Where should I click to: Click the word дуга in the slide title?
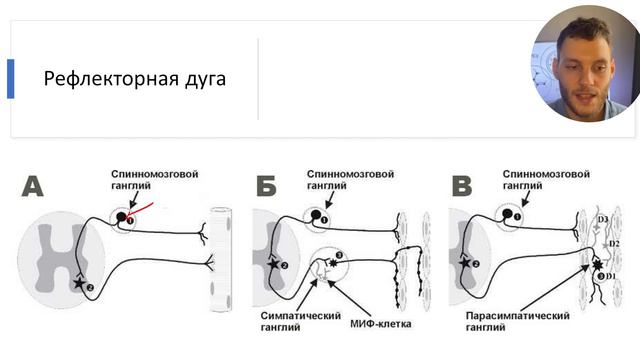click(203, 79)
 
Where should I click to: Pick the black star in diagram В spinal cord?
click(465, 264)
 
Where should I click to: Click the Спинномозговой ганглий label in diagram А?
click(155, 180)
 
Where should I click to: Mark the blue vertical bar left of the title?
click(10, 79)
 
